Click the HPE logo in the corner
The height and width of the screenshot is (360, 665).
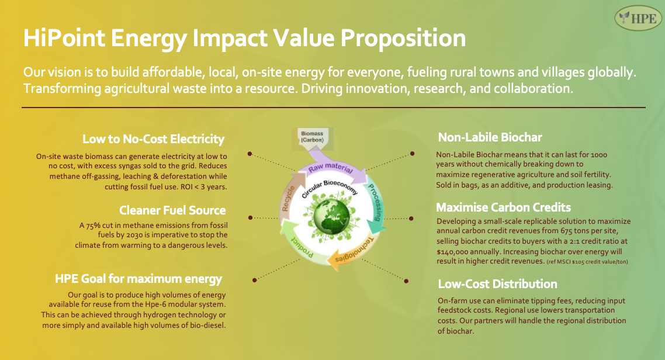[x=638, y=18]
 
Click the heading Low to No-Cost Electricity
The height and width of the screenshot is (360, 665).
[x=153, y=139]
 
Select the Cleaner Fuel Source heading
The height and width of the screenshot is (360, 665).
[x=172, y=210]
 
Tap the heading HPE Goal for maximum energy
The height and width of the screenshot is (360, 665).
[x=138, y=279]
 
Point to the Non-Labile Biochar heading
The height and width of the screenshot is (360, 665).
[x=490, y=137]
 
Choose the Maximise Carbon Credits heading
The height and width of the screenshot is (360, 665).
[x=503, y=207]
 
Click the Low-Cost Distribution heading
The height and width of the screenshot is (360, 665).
[x=497, y=284]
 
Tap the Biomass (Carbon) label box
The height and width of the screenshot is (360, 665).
[x=313, y=138]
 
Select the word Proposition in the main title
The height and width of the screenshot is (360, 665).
[x=403, y=38]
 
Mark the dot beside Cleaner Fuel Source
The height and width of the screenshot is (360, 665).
[x=250, y=217]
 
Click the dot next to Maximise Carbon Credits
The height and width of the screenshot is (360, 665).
[x=411, y=219]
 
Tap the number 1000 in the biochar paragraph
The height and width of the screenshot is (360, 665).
[x=599, y=155]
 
